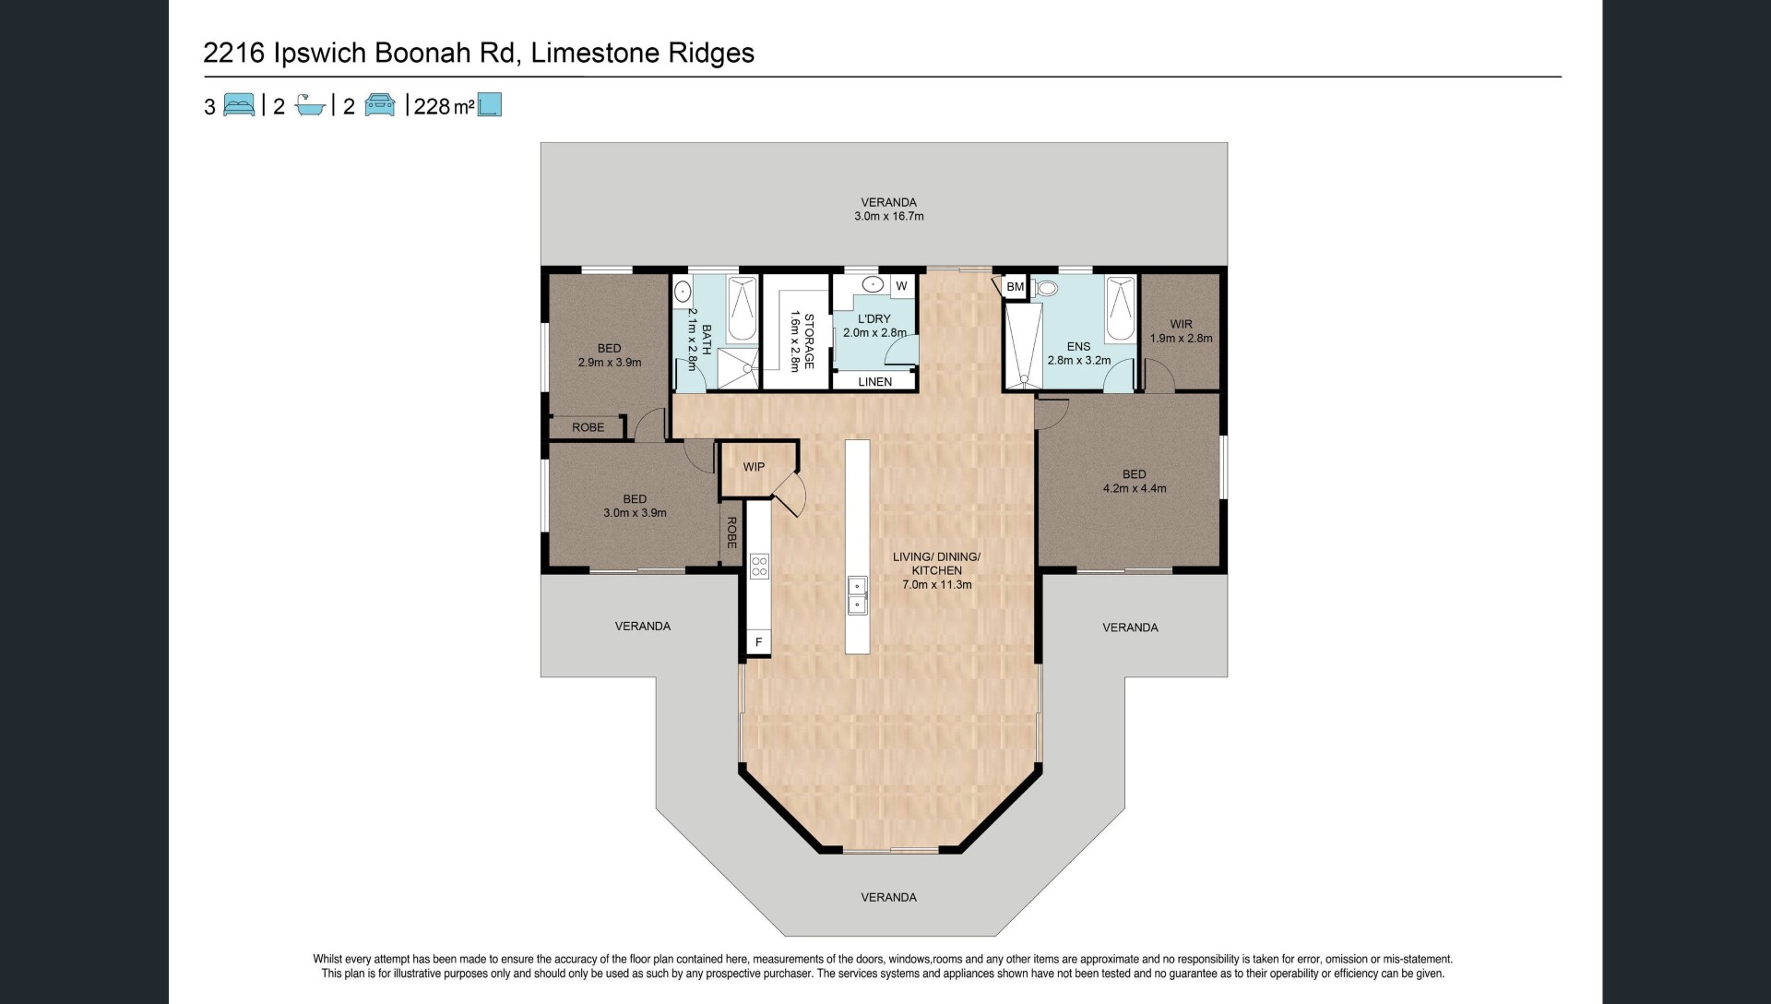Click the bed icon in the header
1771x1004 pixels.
click(239, 105)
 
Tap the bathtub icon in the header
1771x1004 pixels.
click(310, 105)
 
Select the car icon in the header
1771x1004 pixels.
click(380, 105)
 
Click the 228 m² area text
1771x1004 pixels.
click(445, 106)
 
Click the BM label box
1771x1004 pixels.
click(1016, 287)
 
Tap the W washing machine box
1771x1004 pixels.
click(901, 286)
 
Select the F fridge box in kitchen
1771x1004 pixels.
click(759, 642)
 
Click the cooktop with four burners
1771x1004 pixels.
click(759, 566)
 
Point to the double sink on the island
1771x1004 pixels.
click(857, 595)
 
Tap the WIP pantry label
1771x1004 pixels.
click(754, 467)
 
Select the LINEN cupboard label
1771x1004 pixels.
click(875, 382)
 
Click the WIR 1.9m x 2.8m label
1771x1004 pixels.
click(1182, 331)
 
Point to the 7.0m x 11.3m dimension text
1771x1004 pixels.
click(936, 585)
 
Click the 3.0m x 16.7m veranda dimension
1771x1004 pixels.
click(889, 217)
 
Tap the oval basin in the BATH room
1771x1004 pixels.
click(683, 292)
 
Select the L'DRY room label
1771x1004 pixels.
click(874, 319)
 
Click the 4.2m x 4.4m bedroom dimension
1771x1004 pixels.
click(1135, 489)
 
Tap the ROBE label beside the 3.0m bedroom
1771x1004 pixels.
click(731, 533)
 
